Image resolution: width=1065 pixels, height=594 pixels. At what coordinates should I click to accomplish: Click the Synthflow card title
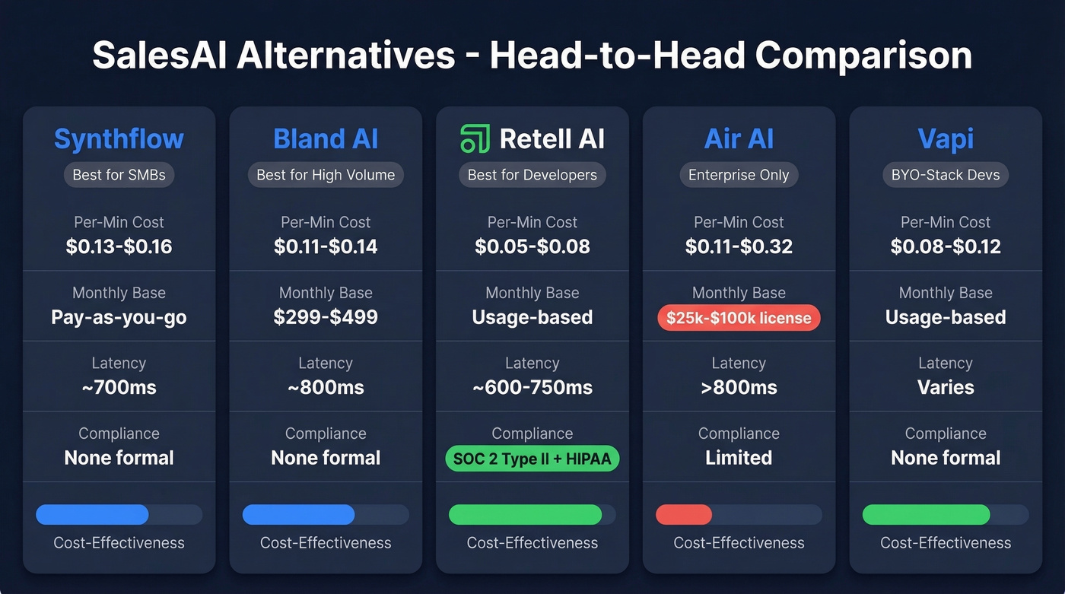click(x=119, y=139)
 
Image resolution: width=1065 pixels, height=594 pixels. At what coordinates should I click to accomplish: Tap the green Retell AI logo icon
click(x=475, y=138)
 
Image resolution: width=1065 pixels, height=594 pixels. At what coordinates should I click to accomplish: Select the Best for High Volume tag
click(x=326, y=175)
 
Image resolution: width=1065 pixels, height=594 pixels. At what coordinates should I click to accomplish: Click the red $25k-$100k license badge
click(x=739, y=318)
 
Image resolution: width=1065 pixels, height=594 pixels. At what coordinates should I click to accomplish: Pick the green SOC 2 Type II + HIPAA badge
click(x=532, y=459)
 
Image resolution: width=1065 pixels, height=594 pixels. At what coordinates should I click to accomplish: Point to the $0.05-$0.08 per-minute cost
click(x=532, y=246)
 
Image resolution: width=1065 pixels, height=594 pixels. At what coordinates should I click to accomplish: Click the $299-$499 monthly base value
click(x=326, y=317)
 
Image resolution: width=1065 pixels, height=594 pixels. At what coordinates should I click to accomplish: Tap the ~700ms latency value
click(x=119, y=387)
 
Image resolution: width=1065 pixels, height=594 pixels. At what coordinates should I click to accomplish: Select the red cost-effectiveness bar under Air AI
click(x=684, y=515)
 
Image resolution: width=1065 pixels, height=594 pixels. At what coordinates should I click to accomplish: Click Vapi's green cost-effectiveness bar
click(x=926, y=515)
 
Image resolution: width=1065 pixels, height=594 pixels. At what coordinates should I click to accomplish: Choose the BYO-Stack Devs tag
click(x=946, y=175)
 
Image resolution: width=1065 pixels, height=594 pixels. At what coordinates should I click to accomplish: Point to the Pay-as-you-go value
click(x=119, y=317)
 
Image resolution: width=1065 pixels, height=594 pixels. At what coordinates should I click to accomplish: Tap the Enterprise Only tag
click(x=739, y=175)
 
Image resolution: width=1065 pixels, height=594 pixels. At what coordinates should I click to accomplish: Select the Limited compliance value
click(x=739, y=458)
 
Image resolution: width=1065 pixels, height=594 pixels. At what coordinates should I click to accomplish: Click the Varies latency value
click(x=946, y=387)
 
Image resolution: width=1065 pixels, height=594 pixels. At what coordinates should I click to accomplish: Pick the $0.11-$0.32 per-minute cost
click(x=739, y=246)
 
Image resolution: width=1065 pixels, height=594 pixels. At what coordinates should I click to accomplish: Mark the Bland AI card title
click(x=326, y=139)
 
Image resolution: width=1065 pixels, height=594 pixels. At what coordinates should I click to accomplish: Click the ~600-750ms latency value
click(x=532, y=387)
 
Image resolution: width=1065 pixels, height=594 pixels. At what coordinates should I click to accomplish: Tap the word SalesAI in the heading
click(x=160, y=56)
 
